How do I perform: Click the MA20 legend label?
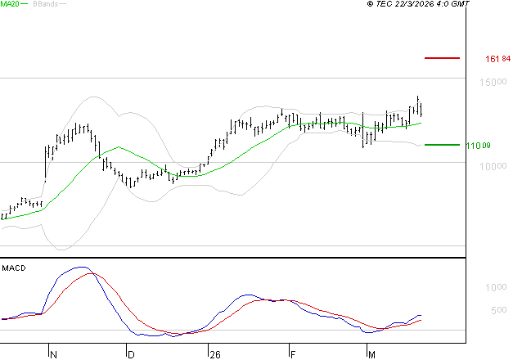click(x=10, y=4)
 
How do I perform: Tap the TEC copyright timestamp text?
click(x=418, y=4)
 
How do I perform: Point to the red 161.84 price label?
click(x=497, y=59)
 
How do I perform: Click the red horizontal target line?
click(x=442, y=58)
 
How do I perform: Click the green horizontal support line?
click(x=442, y=145)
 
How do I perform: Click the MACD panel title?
click(x=14, y=268)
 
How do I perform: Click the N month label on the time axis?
click(x=53, y=355)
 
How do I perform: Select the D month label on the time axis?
click(x=130, y=355)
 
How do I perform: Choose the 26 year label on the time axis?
click(x=214, y=355)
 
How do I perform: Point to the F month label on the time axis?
click(x=292, y=355)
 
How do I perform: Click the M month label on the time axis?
click(x=371, y=355)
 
